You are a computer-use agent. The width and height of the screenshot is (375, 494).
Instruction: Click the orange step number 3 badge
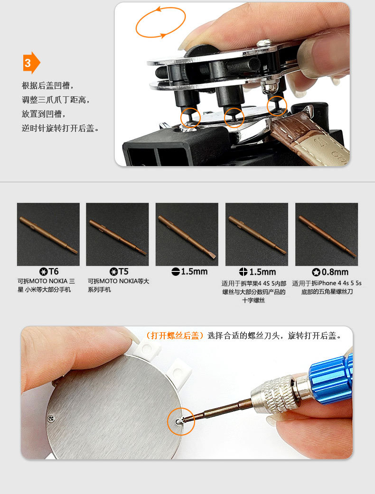coord(31,63)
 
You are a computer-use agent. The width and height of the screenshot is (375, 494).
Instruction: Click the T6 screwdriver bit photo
coord(48,234)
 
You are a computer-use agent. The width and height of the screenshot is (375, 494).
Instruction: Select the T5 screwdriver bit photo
coord(117,234)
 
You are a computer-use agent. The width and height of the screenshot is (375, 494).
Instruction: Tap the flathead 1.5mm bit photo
coord(187,234)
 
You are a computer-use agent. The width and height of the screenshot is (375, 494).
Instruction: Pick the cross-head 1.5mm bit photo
coord(256,234)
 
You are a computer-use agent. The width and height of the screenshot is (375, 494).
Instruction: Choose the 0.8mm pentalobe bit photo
coord(327,234)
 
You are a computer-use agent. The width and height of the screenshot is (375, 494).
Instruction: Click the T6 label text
coord(54,271)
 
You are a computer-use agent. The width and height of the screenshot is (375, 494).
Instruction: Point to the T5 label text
coord(123,271)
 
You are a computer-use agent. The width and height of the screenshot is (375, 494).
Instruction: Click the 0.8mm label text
coord(335,272)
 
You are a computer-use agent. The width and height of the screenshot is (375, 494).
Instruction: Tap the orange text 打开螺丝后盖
coord(175,336)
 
